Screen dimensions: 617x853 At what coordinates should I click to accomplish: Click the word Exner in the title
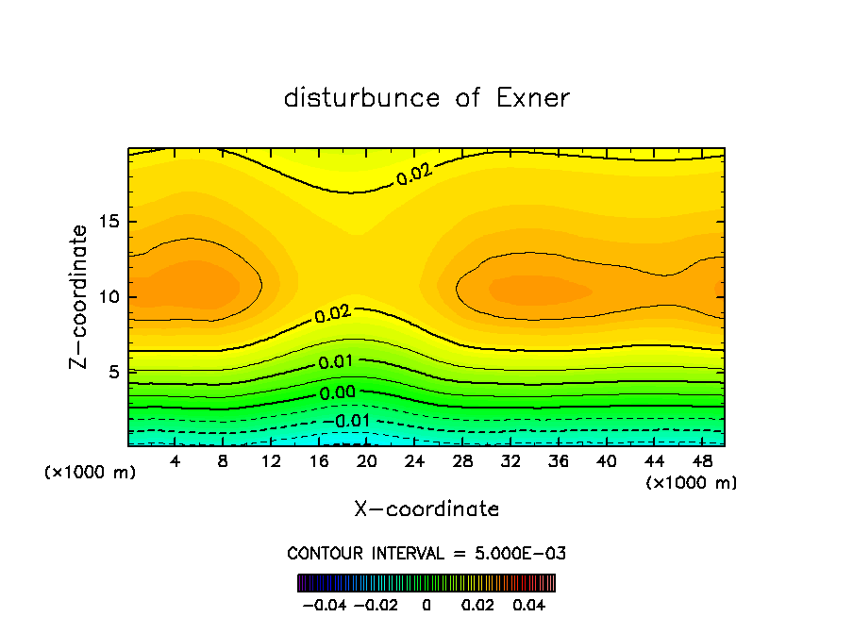pyautogui.click(x=532, y=98)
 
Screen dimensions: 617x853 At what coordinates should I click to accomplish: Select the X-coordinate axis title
pyautogui.click(x=426, y=509)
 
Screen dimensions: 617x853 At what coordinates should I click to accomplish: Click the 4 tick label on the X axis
pyautogui.click(x=176, y=462)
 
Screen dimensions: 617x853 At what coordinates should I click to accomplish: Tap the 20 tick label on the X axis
pyautogui.click(x=366, y=462)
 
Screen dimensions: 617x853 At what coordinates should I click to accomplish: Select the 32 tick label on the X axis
pyautogui.click(x=510, y=462)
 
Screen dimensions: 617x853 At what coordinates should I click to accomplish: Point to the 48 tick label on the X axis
pyautogui.click(x=702, y=462)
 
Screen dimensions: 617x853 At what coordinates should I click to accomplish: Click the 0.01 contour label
pyautogui.click(x=336, y=362)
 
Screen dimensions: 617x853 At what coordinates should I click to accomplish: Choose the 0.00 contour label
pyautogui.click(x=338, y=393)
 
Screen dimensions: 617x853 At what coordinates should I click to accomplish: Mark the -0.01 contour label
pyautogui.click(x=346, y=421)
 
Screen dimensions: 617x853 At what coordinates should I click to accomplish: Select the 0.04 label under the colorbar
pyautogui.click(x=528, y=604)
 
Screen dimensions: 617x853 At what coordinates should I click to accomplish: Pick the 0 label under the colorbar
pyautogui.click(x=426, y=604)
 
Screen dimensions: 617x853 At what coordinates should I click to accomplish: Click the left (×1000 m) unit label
pyautogui.click(x=91, y=473)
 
